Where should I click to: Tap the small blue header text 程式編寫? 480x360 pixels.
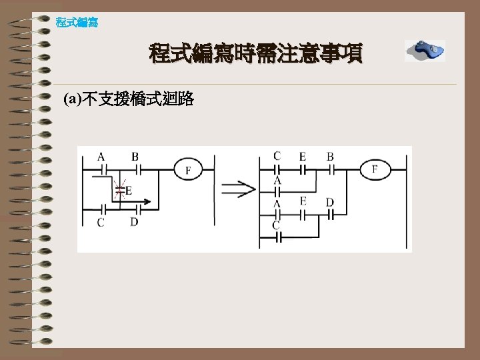77,23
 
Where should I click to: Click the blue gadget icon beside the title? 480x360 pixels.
425,51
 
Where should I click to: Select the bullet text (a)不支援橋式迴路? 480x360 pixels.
129,100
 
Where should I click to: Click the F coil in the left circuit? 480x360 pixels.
188,170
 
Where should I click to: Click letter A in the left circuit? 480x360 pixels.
101,157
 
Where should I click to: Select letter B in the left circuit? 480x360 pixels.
135,157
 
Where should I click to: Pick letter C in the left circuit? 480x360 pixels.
101,222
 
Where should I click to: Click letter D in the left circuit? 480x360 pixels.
134,221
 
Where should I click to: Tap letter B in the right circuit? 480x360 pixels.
330,157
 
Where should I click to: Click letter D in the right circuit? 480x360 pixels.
329,202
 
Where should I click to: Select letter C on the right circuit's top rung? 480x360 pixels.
277,156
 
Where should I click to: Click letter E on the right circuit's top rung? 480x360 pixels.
302,157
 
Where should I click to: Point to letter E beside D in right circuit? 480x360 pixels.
303,201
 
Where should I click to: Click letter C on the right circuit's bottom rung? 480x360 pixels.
276,225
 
